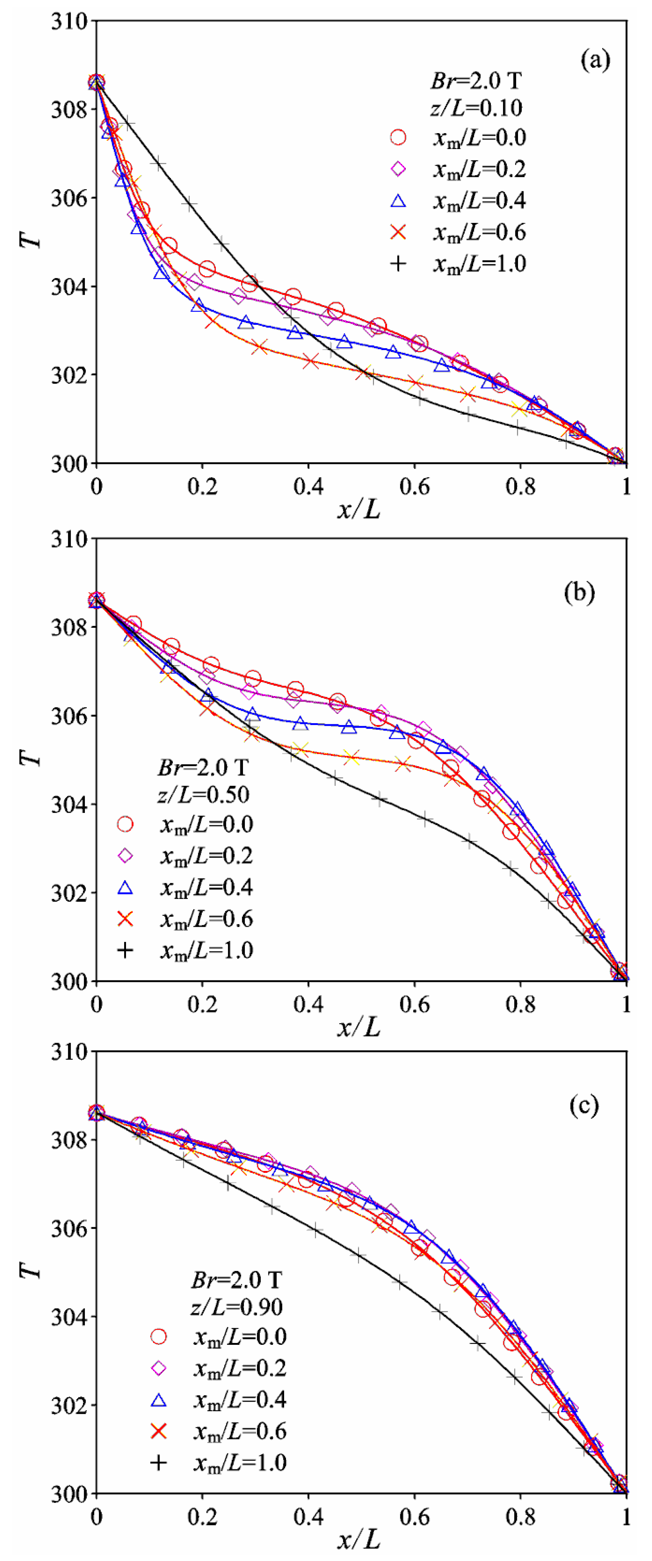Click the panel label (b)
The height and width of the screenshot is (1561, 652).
(x=579, y=592)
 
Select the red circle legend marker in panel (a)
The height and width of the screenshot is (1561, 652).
(x=398, y=138)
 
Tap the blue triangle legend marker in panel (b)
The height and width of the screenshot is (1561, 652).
(x=125, y=888)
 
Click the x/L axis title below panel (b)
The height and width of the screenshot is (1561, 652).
(x=359, y=1026)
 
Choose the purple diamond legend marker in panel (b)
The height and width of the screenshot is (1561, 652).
(x=125, y=856)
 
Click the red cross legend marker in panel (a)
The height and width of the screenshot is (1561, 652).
(x=398, y=232)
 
